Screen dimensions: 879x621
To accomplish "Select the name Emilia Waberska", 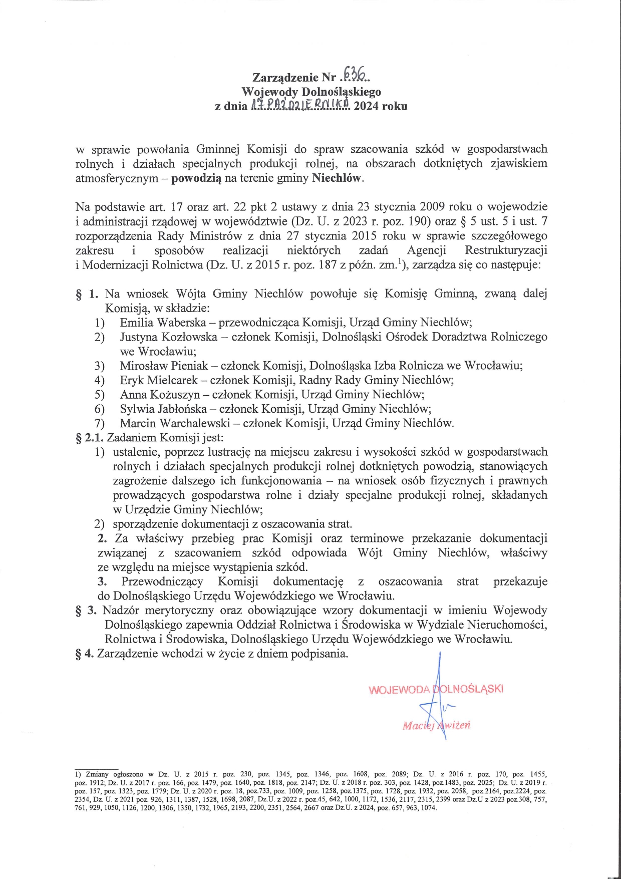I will (x=161, y=322).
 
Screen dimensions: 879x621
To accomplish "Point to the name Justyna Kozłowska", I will (x=168, y=337).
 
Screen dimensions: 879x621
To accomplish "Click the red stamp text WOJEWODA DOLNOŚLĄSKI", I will (x=436, y=689).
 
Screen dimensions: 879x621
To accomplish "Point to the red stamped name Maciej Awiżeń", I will (x=436, y=725).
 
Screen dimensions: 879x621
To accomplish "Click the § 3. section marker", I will (x=85, y=611).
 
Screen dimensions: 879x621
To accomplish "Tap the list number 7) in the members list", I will (x=99, y=424).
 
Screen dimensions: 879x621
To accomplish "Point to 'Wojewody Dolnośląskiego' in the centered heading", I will (x=310, y=92).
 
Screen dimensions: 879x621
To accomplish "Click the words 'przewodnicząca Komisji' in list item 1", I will (x=259, y=322).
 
